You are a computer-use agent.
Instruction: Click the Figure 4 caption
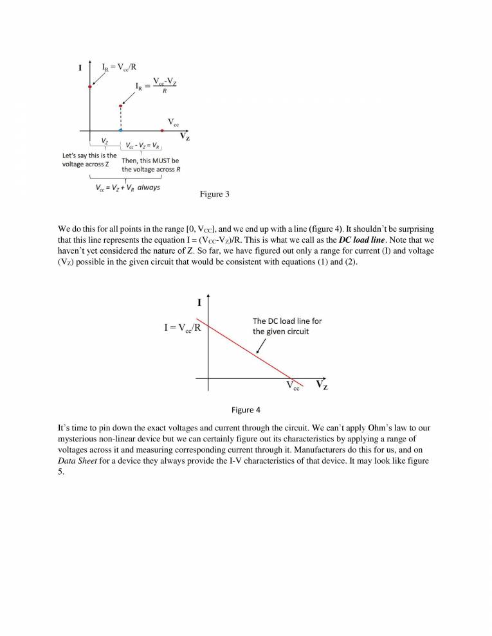coord(246,410)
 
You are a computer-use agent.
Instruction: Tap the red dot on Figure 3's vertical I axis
coord(90,86)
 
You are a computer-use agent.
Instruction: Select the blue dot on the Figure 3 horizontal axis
coord(120,130)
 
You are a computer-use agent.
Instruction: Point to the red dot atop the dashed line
coord(120,105)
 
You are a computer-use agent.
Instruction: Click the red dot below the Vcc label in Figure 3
coord(163,130)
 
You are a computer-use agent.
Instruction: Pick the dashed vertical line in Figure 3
coord(120,118)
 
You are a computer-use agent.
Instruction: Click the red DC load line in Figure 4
coord(244,350)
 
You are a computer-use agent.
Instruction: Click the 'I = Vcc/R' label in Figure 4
coord(181,328)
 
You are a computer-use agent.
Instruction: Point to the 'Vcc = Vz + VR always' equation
coord(127,188)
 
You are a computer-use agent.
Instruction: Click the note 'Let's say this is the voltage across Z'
coord(89,159)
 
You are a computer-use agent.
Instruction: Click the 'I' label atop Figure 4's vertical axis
coord(199,303)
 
